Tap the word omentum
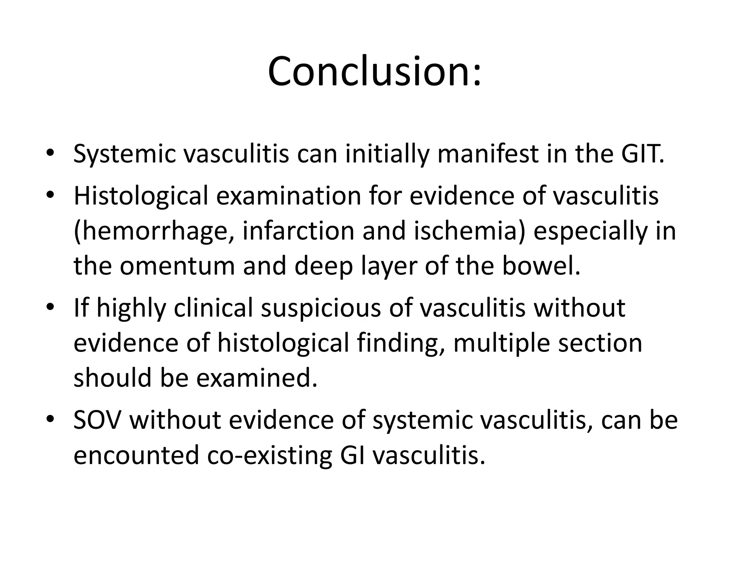pos(177,266)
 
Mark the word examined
pos(257,378)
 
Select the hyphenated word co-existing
pos(269,455)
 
